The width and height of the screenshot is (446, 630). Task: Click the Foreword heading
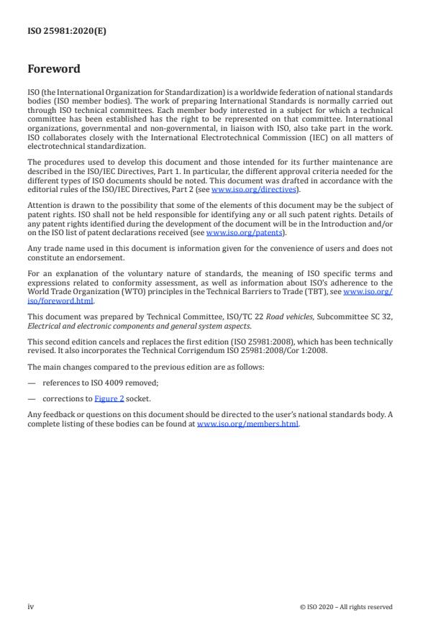pyautogui.click(x=54, y=70)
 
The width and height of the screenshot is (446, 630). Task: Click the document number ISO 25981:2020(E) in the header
pyautogui.click(x=67, y=31)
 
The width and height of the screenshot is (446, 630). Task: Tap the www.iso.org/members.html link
pyautogui.click(x=247, y=424)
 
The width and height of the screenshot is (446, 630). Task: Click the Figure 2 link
pyautogui.click(x=109, y=398)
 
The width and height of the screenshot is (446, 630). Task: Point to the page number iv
pyautogui.click(x=31, y=607)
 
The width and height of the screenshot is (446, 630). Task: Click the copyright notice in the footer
pyautogui.click(x=346, y=607)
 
